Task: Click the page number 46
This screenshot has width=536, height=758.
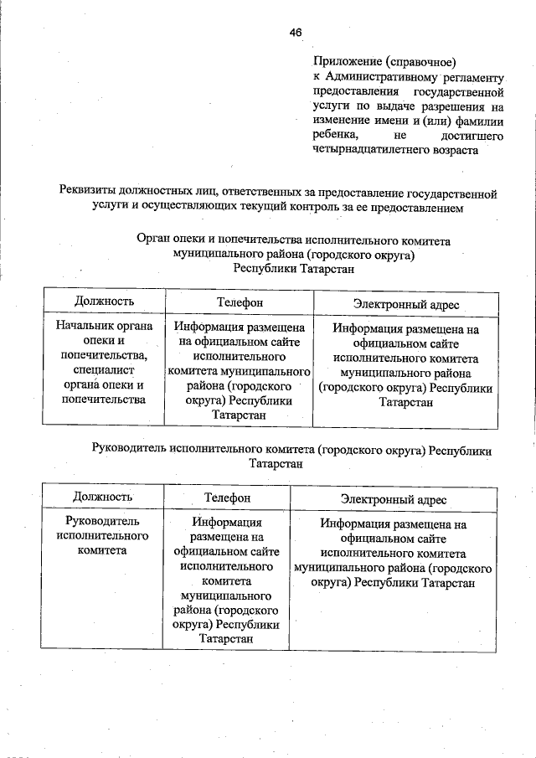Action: pyautogui.click(x=295, y=32)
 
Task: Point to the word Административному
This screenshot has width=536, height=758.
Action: pyautogui.click(x=379, y=76)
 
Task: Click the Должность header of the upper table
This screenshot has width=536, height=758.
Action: pyautogui.click(x=103, y=301)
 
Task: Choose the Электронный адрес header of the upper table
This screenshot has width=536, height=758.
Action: pyautogui.click(x=405, y=304)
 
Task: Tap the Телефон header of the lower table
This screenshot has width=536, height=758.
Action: pyautogui.click(x=227, y=498)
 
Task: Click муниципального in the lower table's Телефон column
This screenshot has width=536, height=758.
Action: pyautogui.click(x=226, y=595)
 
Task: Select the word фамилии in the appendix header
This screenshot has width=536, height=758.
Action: pyautogui.click(x=480, y=121)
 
